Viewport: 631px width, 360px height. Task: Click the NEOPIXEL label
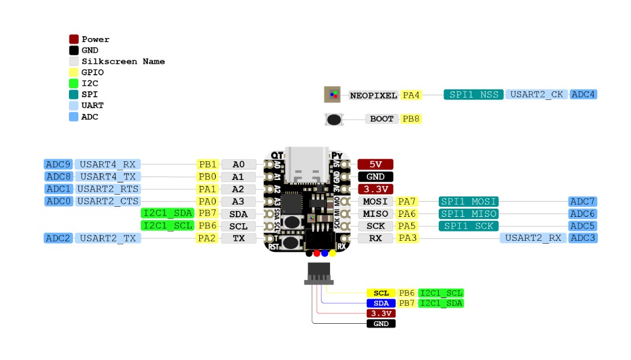tap(373, 95)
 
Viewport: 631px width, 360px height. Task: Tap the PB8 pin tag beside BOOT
tap(411, 119)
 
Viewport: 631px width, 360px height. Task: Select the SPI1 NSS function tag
tap(473, 95)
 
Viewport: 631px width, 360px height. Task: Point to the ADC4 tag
tap(584, 95)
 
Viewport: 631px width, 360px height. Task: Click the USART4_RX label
tap(108, 164)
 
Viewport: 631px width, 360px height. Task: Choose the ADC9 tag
tap(58, 164)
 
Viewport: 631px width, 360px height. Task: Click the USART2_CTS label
tap(108, 201)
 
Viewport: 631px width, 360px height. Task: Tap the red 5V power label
tap(375, 164)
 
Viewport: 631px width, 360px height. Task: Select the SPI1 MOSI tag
tap(468, 202)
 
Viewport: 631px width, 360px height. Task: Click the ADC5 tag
tap(583, 226)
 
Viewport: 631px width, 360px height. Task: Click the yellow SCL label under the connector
tap(381, 293)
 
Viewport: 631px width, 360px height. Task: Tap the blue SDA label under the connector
tap(381, 303)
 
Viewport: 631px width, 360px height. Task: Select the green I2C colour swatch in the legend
tap(74, 84)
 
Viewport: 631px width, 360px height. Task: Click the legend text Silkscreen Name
tap(123, 61)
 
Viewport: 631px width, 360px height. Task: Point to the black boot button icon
tap(334, 119)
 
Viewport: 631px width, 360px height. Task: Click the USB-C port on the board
tap(307, 162)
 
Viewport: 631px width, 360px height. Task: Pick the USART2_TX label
tap(108, 238)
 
